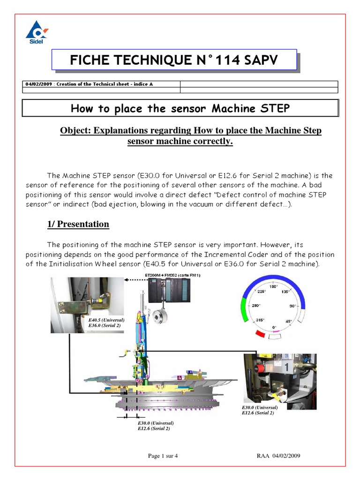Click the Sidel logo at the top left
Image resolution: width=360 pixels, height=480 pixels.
36,33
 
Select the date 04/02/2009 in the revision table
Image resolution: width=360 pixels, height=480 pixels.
39,84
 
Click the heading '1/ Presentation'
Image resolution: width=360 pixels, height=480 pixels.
78,224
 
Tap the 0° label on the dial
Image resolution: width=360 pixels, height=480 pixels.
275,327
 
